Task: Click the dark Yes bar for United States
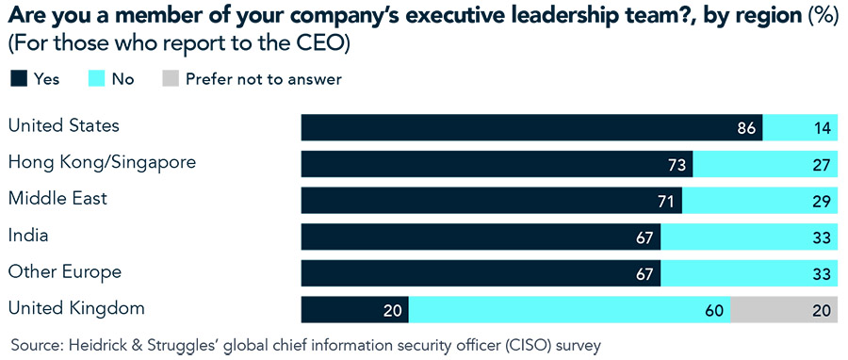pos(531,128)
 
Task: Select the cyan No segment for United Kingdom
pos(570,310)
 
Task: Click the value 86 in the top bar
pos(746,128)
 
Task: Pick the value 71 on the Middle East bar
pos(666,202)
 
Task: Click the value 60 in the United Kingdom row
pos(713,310)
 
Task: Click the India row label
pos(28,236)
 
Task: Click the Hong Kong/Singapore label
pos(102,162)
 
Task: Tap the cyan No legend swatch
pos(94,79)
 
